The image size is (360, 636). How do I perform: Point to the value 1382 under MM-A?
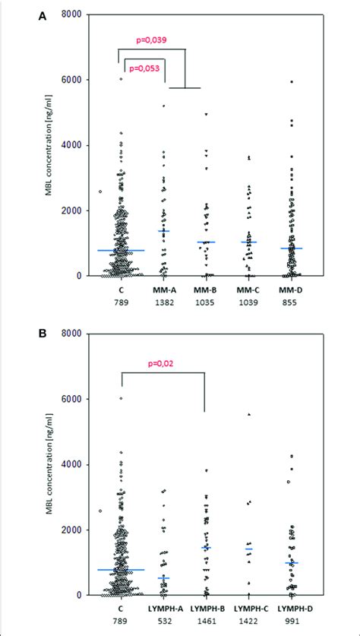[x=163, y=302]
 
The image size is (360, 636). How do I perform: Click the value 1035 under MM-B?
[x=207, y=302]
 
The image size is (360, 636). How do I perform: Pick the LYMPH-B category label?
[x=207, y=610]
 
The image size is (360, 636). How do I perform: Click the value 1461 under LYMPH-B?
[x=207, y=622]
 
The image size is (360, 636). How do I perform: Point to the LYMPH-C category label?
[x=249, y=610]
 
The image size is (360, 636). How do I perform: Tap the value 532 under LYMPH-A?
[x=163, y=622]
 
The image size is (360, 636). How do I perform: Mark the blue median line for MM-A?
[x=163, y=230]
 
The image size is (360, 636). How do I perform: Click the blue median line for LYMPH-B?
[x=206, y=547]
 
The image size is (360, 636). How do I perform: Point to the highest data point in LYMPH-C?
[x=248, y=415]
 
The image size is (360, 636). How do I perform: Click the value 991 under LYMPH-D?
[x=292, y=622]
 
